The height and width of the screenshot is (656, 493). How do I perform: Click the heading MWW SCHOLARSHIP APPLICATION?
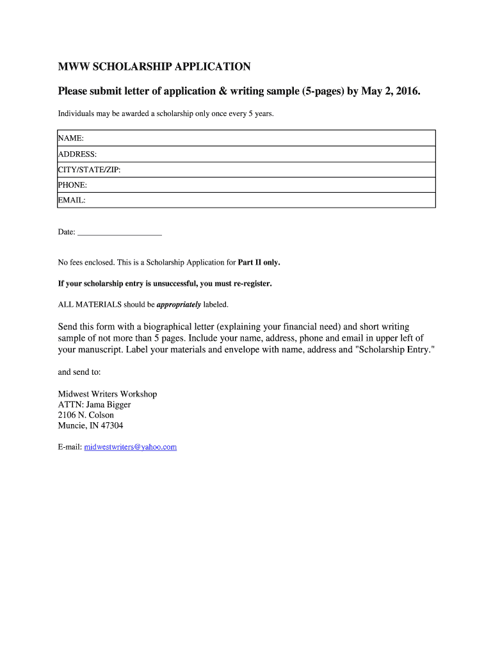click(154, 67)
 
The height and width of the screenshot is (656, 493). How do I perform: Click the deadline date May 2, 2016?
click(391, 92)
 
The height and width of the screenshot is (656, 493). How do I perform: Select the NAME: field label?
click(71, 138)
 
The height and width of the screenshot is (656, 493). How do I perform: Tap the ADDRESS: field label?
click(77, 154)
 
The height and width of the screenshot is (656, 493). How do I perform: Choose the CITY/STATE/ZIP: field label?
click(89, 170)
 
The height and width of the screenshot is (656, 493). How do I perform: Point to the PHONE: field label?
click(72, 185)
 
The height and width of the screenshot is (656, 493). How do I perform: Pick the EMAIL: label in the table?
click(72, 201)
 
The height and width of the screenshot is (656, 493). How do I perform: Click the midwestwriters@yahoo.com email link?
click(130, 447)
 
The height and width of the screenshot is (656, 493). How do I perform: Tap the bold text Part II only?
click(259, 263)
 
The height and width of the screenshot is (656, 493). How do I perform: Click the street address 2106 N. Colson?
click(86, 415)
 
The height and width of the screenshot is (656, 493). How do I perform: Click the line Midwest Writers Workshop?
click(108, 394)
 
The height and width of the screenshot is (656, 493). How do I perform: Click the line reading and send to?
click(79, 372)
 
